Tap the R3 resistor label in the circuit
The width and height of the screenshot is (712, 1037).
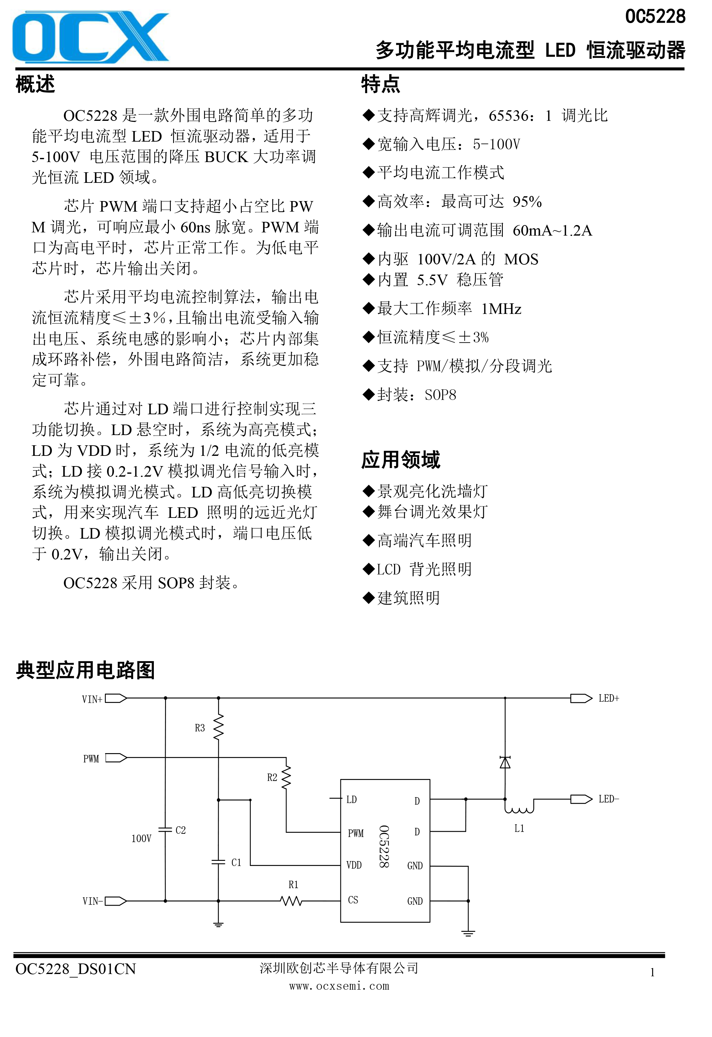coord(200,728)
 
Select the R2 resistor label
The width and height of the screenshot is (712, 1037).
coord(272,777)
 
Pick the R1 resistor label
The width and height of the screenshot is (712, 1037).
coord(293,885)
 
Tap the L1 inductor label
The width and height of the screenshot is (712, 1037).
coord(519,828)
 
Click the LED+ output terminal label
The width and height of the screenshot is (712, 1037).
coord(609,698)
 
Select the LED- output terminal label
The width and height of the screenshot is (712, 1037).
coord(609,799)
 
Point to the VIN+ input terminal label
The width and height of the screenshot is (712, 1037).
coord(92,699)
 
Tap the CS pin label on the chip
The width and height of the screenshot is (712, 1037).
coord(353,900)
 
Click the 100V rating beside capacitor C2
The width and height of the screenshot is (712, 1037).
coord(141,838)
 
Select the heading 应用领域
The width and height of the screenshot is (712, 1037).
coord(400,460)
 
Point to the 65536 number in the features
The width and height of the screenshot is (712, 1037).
coord(509,116)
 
